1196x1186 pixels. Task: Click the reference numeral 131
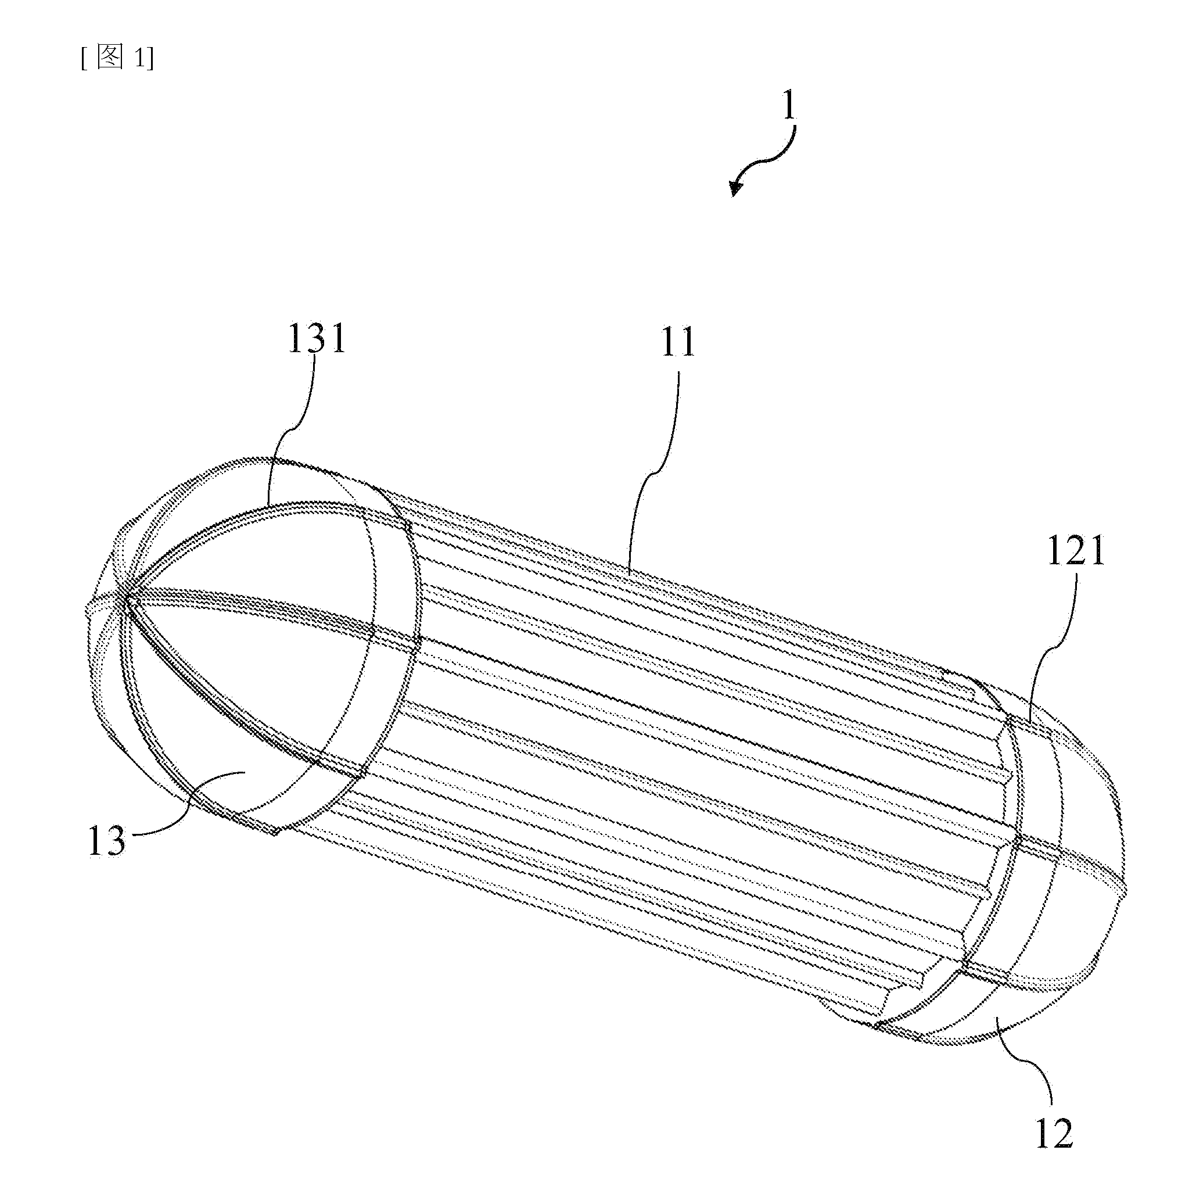317,340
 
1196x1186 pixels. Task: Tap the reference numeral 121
1076,551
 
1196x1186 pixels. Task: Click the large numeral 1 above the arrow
789,107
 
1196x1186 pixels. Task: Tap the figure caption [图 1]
117,58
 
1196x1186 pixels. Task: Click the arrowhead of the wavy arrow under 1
735,187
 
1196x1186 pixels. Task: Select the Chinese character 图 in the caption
111,58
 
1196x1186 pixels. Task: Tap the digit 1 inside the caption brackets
140,59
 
